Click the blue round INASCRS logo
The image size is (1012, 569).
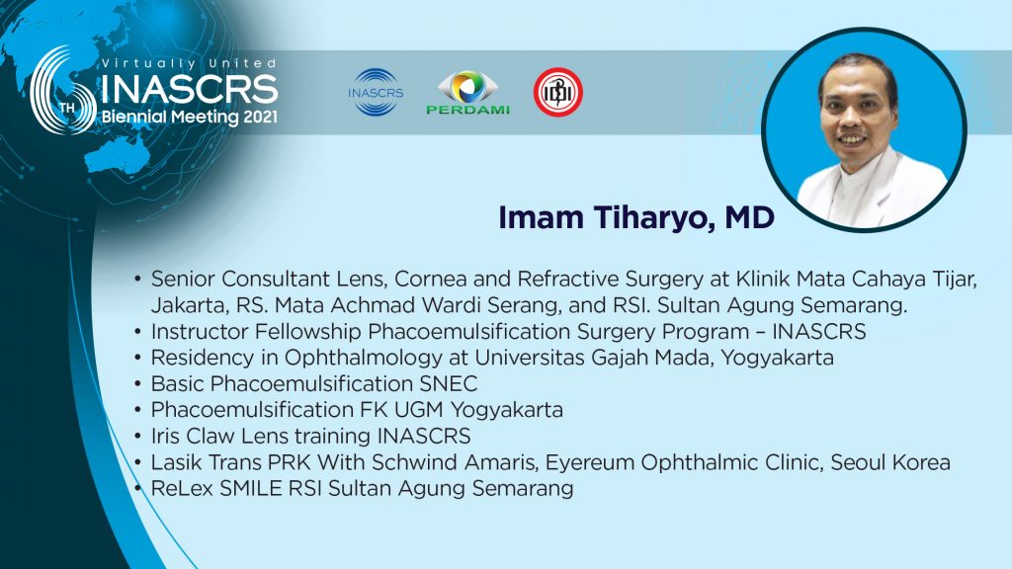376,92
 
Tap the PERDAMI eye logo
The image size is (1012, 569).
467,92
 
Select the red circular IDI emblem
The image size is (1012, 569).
558,92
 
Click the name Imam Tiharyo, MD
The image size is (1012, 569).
635,218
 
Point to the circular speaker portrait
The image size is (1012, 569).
864,129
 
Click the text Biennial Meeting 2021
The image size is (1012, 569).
190,117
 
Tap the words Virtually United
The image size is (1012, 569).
190,63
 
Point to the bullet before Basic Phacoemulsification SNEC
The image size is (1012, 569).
137,384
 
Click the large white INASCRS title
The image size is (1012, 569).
190,89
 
